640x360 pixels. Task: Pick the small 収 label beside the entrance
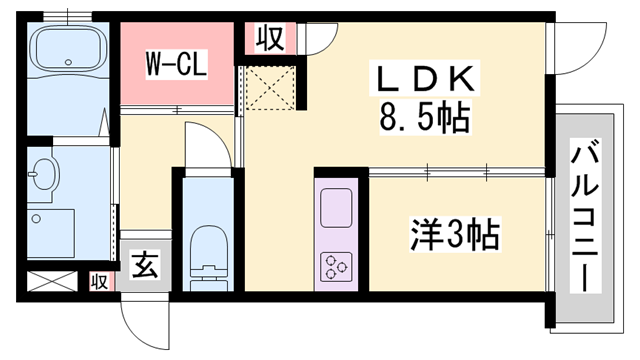99,282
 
